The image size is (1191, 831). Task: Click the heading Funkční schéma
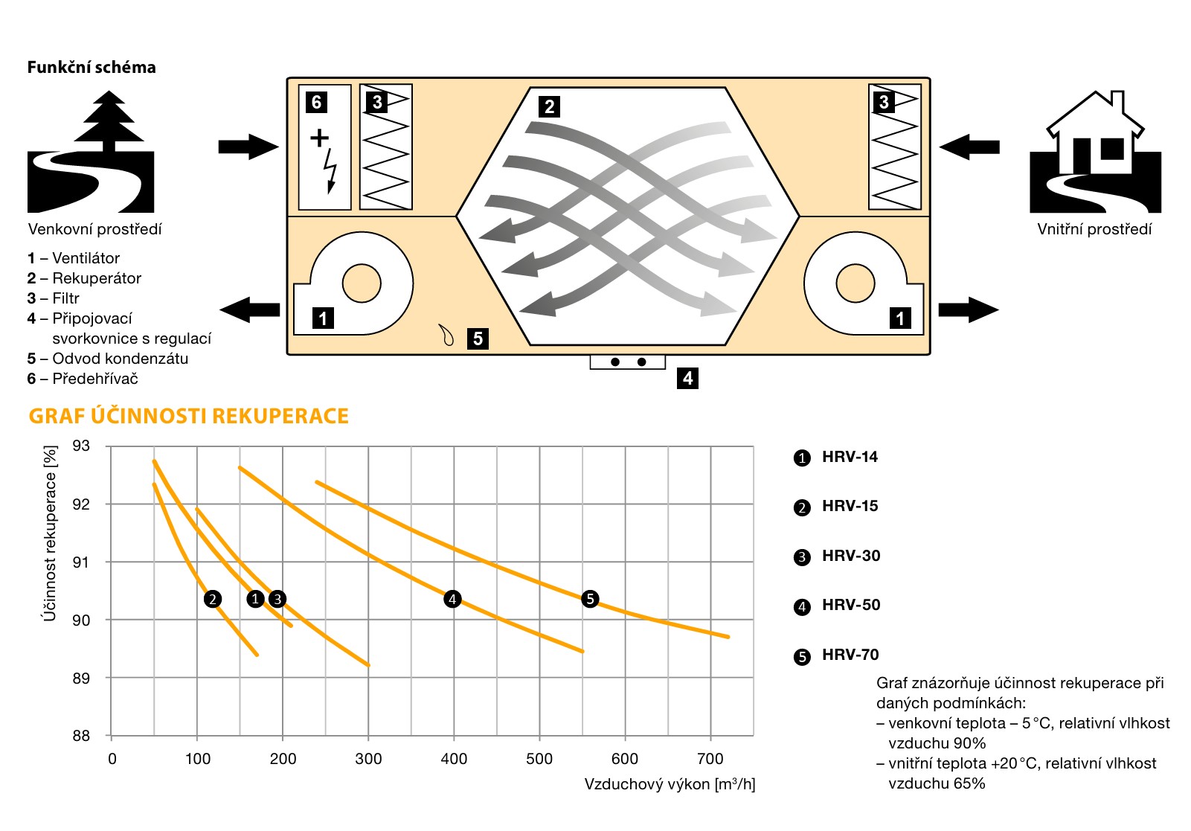92,68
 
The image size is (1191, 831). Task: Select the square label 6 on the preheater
316,102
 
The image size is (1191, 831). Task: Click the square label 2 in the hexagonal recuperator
549,106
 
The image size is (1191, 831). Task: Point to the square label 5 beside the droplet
478,339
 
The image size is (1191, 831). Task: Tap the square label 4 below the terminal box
687,378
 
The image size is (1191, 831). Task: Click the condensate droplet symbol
446,336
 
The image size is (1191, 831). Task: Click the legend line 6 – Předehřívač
83,379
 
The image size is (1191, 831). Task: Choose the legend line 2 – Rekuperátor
84,278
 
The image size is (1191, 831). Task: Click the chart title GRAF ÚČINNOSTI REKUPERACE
188,416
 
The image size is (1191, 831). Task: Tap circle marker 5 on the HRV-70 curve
590,599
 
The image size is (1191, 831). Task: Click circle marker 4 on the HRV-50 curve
452,599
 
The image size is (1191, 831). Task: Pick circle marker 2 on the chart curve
213,599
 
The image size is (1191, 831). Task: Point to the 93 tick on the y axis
81,446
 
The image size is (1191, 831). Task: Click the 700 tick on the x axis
710,759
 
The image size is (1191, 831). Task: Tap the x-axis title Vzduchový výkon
670,784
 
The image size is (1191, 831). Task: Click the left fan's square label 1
323,318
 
